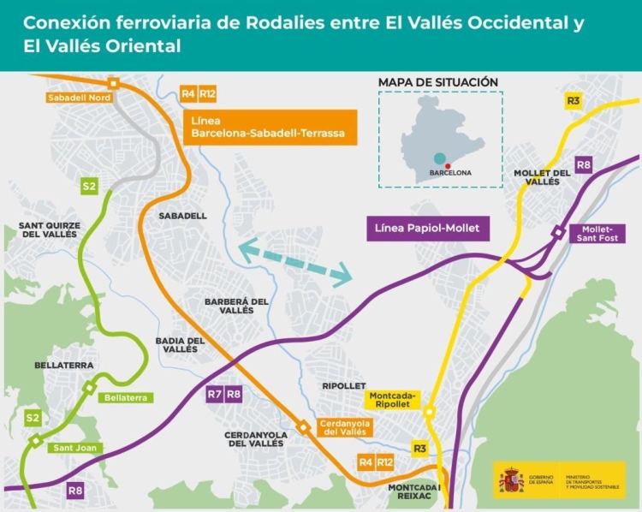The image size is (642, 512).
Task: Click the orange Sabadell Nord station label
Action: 74,98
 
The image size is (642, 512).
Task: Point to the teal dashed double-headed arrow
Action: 295,263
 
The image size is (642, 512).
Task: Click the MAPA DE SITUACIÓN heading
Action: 437,82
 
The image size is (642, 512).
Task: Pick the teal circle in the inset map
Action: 438,158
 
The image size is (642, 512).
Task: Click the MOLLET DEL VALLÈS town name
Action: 542,177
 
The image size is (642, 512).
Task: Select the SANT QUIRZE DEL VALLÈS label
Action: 49,229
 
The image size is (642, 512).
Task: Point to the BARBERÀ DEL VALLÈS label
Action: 236,306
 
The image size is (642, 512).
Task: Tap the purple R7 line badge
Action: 215,395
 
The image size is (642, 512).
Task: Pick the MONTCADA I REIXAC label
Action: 413,494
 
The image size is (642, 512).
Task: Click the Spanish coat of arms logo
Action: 510,480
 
